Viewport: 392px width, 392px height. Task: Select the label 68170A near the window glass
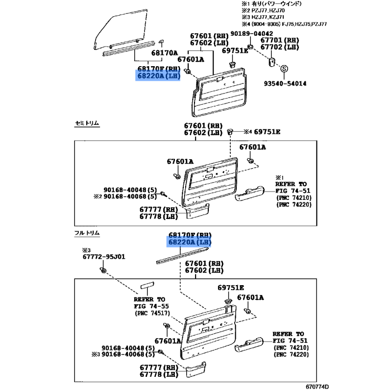click(x=164, y=52)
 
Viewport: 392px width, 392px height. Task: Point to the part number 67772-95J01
click(x=103, y=256)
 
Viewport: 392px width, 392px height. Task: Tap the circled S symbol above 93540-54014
click(x=285, y=69)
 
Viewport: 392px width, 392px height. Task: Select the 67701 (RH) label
click(x=279, y=40)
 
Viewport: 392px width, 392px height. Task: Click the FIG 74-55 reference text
click(x=150, y=306)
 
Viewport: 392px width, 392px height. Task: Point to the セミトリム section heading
click(x=86, y=123)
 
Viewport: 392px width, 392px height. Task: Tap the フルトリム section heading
click(x=86, y=233)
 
